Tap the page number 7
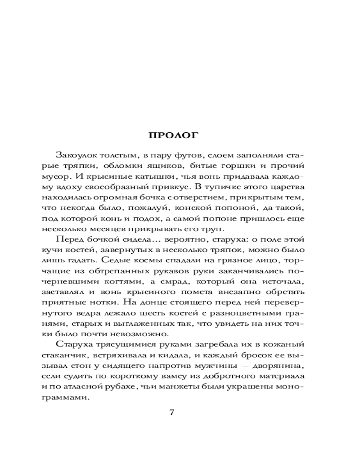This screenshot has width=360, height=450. (171, 414)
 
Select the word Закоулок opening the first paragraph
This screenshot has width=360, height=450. (74, 154)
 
